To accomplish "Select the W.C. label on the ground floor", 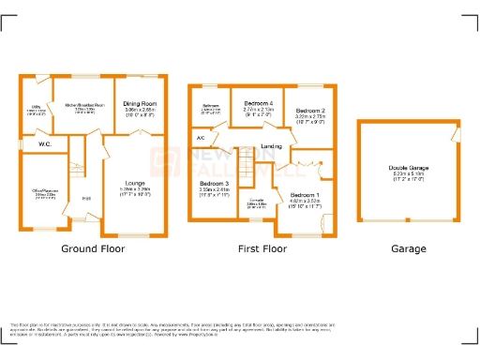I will pyautogui.click(x=44, y=144).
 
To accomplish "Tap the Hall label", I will pyautogui.click(x=86, y=198).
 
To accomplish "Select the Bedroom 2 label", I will pyautogui.click(x=309, y=111).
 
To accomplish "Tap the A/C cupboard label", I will pyautogui.click(x=200, y=139).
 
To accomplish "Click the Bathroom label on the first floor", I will pyautogui.click(x=211, y=107).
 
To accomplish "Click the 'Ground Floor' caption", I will pyautogui.click(x=93, y=249).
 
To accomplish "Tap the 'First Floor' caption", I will pyautogui.click(x=261, y=249).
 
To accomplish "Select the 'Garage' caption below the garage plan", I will pyautogui.click(x=408, y=249).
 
